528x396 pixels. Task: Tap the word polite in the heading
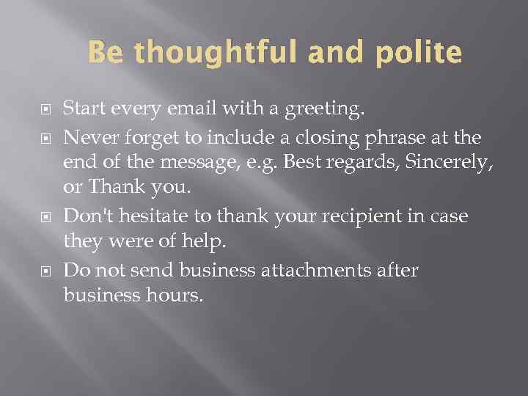419,54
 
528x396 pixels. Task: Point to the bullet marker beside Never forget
42,136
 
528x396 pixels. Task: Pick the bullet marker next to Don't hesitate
42,216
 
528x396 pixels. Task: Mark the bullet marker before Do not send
42,271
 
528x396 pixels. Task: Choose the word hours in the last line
170,296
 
